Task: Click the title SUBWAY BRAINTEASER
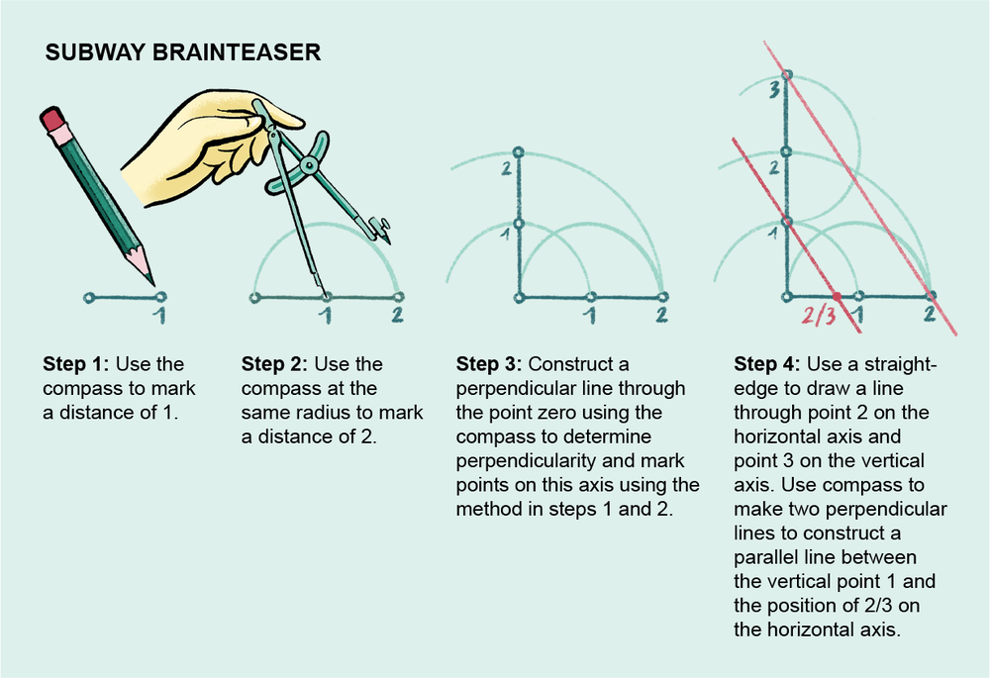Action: click(183, 52)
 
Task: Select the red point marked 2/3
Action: click(838, 296)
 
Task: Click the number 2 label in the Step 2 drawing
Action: click(397, 316)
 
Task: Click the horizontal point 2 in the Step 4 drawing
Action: click(931, 296)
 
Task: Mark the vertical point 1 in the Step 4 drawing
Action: click(786, 222)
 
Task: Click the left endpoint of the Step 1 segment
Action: click(89, 296)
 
